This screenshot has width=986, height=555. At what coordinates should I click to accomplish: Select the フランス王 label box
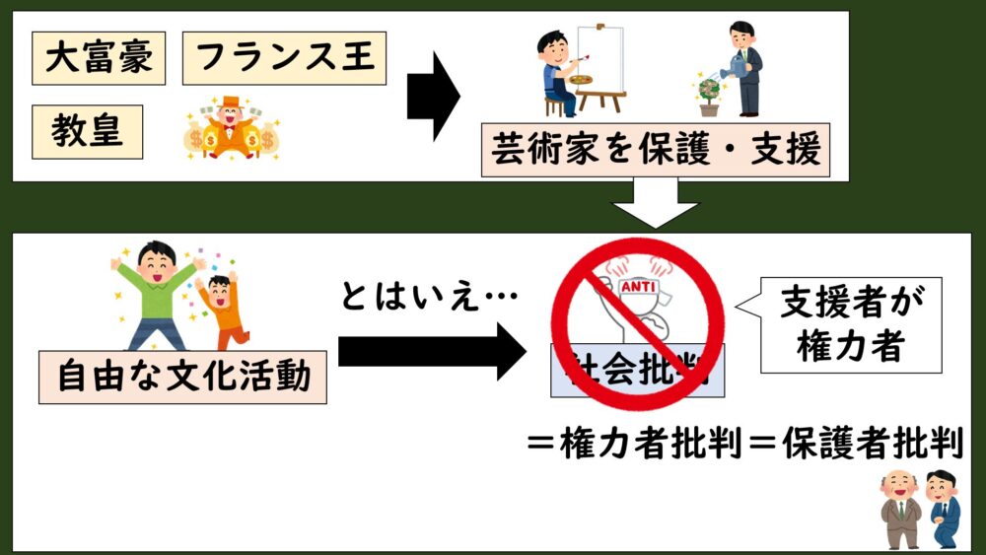point(285,57)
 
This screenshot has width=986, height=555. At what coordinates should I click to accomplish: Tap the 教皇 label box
point(88,131)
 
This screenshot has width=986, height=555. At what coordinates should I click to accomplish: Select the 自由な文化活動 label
point(182,377)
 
